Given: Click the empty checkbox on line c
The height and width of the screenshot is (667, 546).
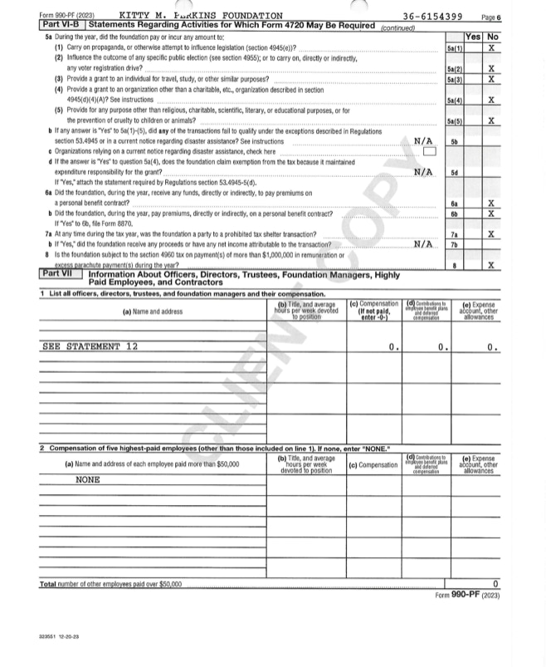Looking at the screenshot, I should [429, 151].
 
